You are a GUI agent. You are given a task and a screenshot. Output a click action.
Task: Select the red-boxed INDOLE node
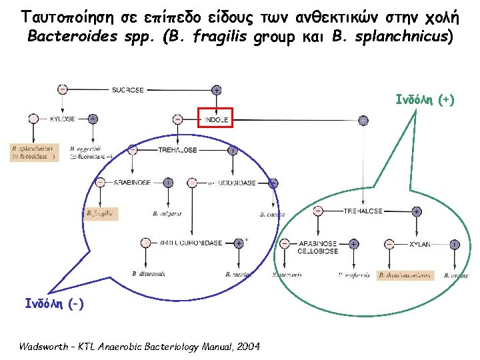coord(215,119)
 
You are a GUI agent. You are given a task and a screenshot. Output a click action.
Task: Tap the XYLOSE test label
coord(63,119)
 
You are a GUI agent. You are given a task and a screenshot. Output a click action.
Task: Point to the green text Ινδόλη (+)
coord(425,100)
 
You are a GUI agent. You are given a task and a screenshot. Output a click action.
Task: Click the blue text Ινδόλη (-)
coord(54,303)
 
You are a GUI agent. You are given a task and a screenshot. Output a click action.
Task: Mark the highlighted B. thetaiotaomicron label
coord(405,275)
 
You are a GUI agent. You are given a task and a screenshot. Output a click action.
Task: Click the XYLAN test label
coord(421,245)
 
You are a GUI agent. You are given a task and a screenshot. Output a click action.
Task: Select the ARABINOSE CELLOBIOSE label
coord(317,247)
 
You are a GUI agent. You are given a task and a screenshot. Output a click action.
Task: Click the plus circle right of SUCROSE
coord(216,89)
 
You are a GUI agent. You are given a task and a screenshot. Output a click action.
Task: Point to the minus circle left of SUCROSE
coord(62,89)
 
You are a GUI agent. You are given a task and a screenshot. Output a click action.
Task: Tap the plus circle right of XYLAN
coord(454,245)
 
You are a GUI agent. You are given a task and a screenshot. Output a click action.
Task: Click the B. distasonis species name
coord(147,274)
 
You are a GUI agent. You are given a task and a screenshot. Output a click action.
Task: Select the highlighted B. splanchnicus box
coord(33,152)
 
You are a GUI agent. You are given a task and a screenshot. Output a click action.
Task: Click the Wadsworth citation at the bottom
coord(139,347)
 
